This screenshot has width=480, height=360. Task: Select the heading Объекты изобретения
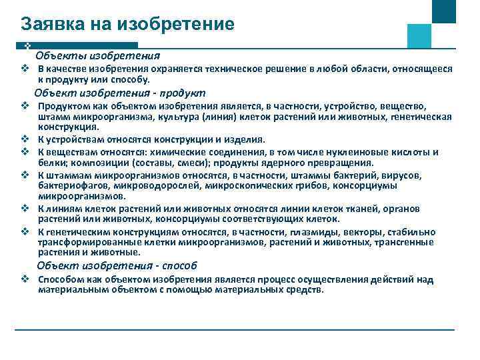coord(97,55)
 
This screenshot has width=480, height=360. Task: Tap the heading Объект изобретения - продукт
coord(120,93)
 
